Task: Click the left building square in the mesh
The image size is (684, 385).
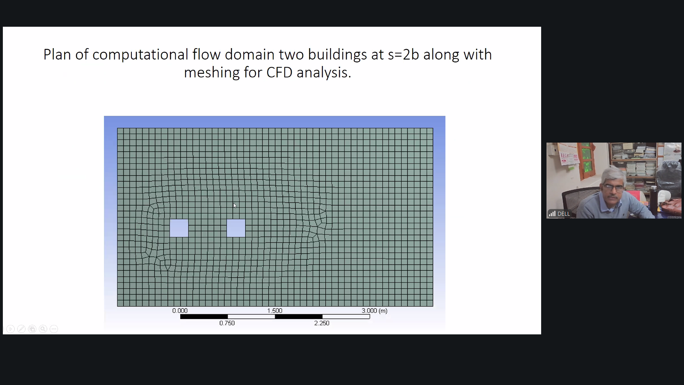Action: pyautogui.click(x=179, y=228)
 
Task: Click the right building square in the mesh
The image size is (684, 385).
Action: pyautogui.click(x=236, y=228)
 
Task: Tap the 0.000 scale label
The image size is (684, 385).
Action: pyautogui.click(x=180, y=311)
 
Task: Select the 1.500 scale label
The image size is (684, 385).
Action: pyautogui.click(x=275, y=311)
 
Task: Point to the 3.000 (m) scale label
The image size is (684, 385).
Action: pyautogui.click(x=374, y=311)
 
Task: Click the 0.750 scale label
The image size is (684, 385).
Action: pyautogui.click(x=227, y=323)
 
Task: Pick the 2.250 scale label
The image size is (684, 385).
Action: pyautogui.click(x=322, y=323)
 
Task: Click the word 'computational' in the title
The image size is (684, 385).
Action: pyautogui.click(x=140, y=55)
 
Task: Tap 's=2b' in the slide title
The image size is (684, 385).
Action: pyautogui.click(x=403, y=55)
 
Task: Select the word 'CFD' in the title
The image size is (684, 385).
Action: pyautogui.click(x=279, y=72)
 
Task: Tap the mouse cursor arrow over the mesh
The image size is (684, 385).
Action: pyautogui.click(x=235, y=206)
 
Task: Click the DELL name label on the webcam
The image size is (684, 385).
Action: pyautogui.click(x=563, y=214)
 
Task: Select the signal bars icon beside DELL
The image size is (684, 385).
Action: pyautogui.click(x=552, y=214)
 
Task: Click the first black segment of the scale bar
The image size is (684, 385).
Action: pyautogui.click(x=204, y=317)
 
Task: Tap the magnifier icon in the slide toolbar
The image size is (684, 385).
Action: pyautogui.click(x=43, y=329)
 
